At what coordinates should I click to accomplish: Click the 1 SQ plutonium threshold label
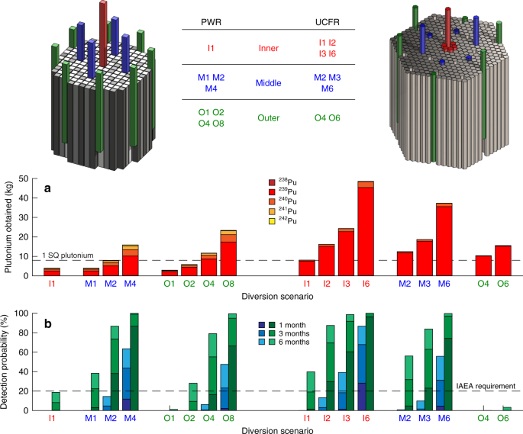69,254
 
